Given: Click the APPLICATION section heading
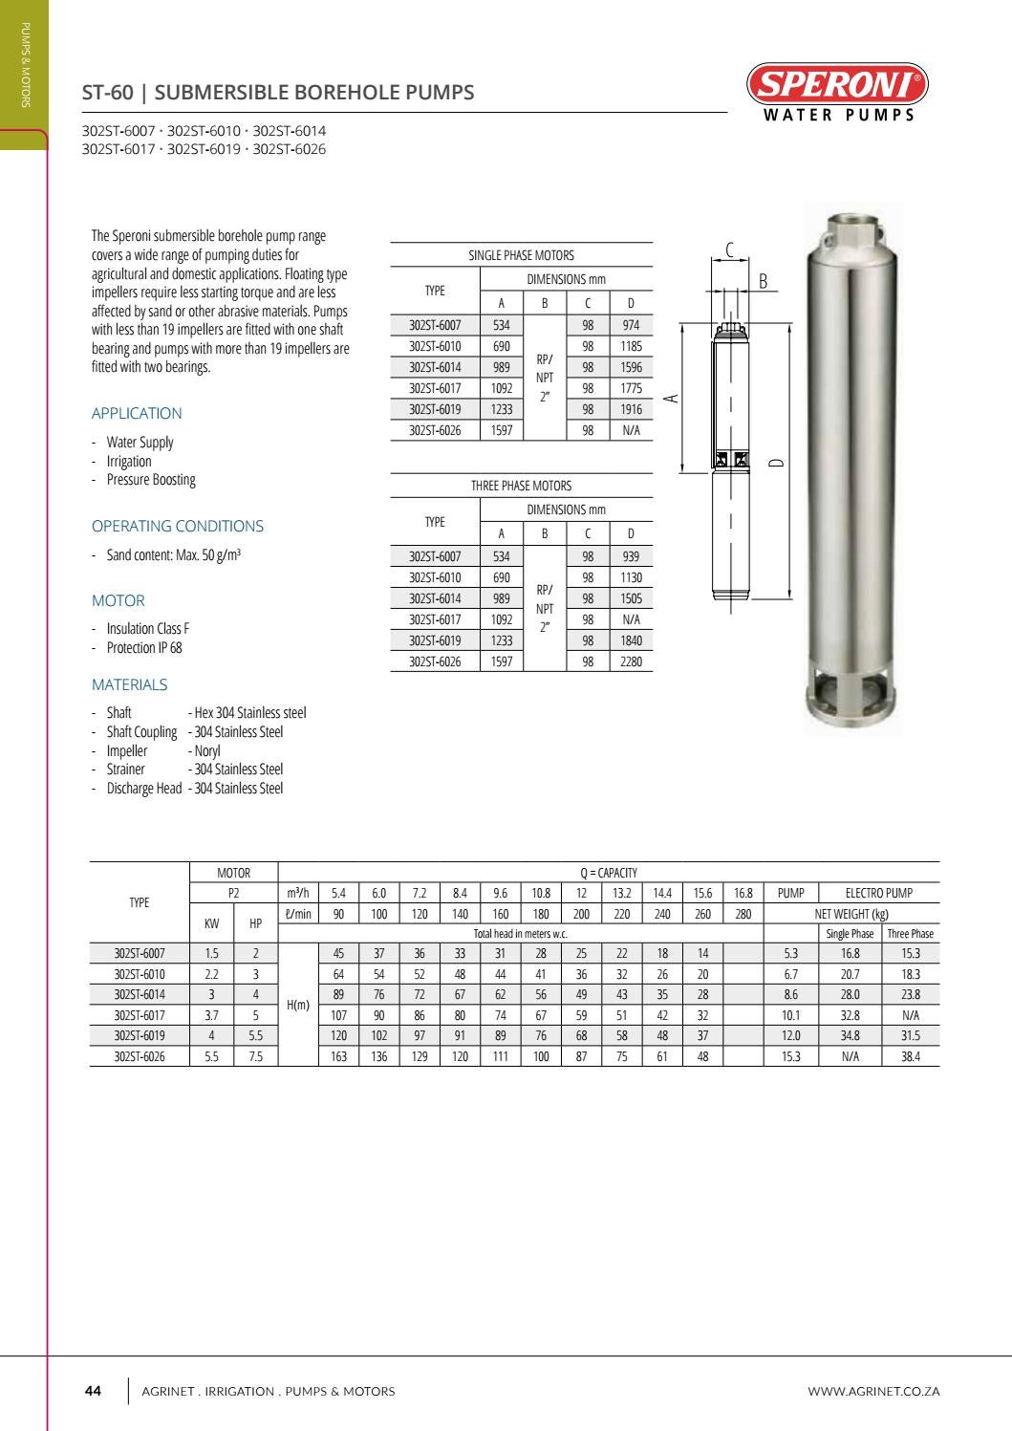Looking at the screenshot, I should (137, 414).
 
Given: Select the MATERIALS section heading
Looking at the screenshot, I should (129, 685).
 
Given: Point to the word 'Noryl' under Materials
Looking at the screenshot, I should (207, 751).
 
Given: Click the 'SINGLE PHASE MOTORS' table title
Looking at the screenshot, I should (521, 255).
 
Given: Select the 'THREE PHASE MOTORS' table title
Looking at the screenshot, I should (521, 486).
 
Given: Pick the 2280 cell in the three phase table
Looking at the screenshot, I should (631, 661).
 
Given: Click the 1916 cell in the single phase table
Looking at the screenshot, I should (631, 409).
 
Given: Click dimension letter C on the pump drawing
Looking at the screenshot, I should (730, 250).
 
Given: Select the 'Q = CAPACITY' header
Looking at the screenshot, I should (608, 873).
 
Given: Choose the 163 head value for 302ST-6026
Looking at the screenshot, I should (338, 1056).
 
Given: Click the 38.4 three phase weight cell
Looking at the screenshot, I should (910, 1056).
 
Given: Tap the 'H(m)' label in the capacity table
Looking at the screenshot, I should (298, 1005).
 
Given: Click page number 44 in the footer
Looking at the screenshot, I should (94, 1391).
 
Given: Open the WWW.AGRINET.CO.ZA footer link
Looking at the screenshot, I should (873, 1391).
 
